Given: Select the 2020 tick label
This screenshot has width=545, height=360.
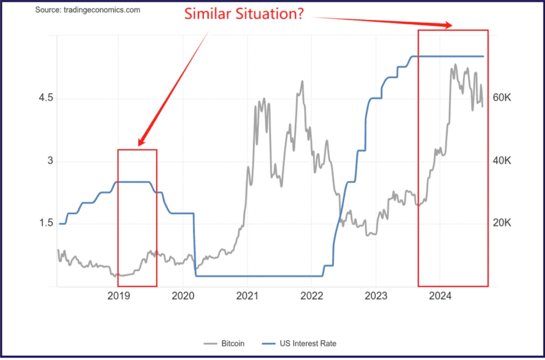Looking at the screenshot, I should (x=183, y=297).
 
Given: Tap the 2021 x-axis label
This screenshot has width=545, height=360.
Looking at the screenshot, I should (x=247, y=297).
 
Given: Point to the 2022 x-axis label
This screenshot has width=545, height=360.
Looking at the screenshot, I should (x=311, y=297).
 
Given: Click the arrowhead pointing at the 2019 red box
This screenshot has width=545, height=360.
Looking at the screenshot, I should (x=141, y=142).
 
